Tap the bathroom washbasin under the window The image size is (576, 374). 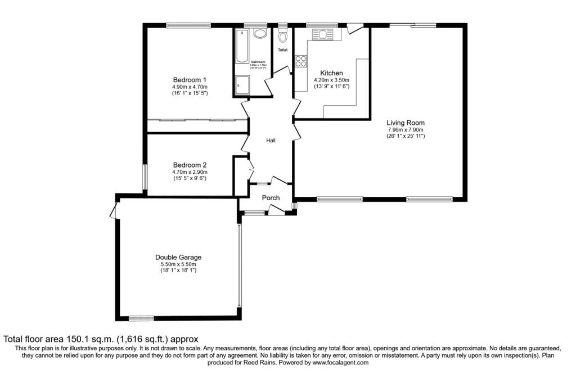(260, 34)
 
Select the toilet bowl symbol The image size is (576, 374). (282, 36)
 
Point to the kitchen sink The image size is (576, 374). (323, 35)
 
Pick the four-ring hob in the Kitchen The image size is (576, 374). (300, 60)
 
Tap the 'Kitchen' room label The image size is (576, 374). (331, 73)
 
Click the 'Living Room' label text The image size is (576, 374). (405, 123)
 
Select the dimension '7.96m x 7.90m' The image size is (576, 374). (405, 129)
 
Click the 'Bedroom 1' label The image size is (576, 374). (190, 80)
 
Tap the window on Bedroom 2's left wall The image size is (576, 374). (145, 177)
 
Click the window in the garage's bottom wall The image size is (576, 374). (141, 318)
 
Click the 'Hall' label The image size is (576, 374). (271, 141)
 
